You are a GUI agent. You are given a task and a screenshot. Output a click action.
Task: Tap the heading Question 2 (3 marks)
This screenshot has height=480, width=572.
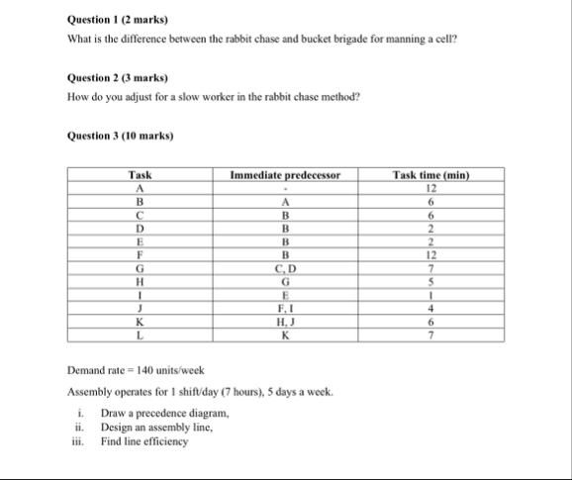pos(117,77)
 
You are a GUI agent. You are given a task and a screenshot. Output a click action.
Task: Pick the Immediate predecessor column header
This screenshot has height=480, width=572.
pos(285,176)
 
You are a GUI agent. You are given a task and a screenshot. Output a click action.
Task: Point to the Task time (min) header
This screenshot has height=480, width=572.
pos(429,176)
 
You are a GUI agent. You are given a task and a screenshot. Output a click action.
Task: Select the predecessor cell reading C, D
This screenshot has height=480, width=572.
pos(285,268)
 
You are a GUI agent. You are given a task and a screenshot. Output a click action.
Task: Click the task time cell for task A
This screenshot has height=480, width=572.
pos(429,187)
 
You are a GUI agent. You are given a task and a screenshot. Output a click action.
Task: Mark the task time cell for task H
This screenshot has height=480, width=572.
pos(429,280)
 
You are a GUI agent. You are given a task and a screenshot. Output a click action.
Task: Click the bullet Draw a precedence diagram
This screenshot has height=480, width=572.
pos(164,412)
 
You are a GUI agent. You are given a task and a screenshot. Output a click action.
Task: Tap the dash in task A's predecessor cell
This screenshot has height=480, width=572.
pos(285,188)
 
